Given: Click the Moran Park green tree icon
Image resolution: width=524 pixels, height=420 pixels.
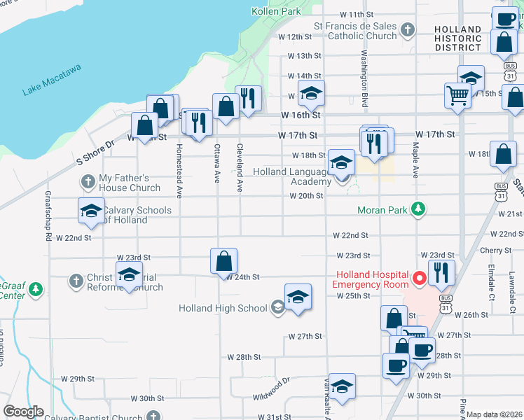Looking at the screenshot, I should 418,209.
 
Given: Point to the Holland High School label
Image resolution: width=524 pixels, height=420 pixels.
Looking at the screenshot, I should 223,308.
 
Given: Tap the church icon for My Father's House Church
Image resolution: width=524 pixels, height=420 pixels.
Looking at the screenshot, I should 88,183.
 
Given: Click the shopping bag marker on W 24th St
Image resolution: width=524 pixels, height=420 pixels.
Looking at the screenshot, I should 223,261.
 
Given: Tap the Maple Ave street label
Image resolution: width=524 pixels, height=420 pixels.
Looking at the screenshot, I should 415,160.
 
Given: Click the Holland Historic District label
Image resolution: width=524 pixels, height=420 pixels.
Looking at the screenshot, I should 457,38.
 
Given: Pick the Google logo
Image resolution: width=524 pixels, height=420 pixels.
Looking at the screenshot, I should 23,412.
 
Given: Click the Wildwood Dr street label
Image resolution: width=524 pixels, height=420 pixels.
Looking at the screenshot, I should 271,389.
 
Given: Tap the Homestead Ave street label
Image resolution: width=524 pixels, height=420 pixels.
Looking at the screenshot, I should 179,170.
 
